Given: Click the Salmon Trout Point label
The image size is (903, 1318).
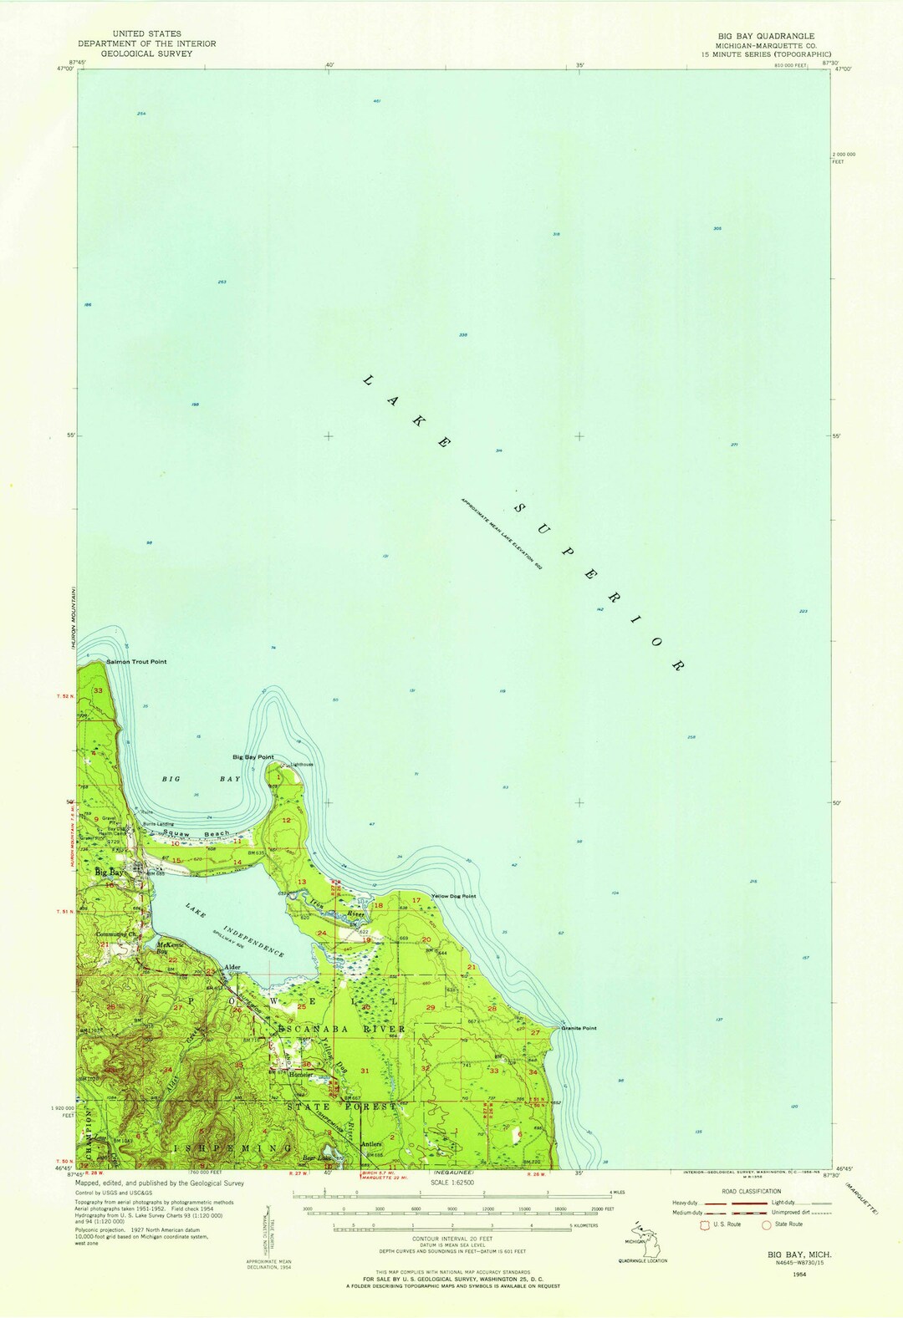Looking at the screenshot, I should [x=136, y=662].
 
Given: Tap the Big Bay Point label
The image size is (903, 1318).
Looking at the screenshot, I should [x=253, y=757].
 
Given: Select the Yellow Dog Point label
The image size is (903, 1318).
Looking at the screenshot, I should [x=453, y=897].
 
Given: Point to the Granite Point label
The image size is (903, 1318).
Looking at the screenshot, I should [x=579, y=1029].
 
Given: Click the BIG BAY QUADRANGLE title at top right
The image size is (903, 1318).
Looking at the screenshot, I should [x=765, y=36].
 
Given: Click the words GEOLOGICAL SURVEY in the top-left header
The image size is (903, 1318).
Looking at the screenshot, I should [x=146, y=53].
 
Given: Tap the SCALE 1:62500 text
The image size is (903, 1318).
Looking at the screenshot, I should [x=452, y=1183].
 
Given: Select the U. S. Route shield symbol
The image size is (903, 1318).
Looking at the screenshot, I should [x=705, y=1224].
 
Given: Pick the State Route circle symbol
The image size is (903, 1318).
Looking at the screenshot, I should [x=766, y=1224].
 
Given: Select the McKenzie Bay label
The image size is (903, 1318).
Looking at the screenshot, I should [x=171, y=948].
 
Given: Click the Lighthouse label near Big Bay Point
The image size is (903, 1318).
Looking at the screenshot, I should [x=300, y=765].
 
